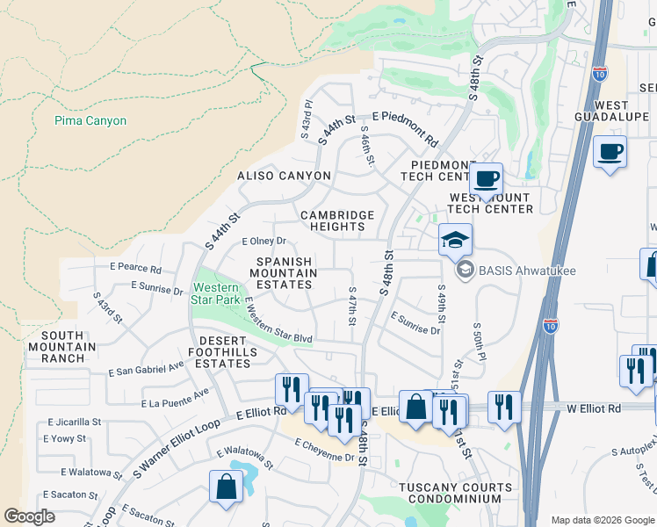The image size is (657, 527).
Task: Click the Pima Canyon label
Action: click(90, 121)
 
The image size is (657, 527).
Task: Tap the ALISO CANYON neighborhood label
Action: click(284, 176)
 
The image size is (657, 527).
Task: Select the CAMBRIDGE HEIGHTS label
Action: click(337, 220)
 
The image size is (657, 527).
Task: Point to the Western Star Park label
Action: click(216, 293)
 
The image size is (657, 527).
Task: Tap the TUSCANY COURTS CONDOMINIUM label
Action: click(455, 494)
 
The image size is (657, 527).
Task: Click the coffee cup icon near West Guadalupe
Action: click(610, 152)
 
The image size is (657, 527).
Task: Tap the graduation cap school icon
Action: click(455, 240)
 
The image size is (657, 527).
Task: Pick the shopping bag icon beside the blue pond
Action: click(226, 487)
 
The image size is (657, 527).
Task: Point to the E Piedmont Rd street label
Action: click(405, 128)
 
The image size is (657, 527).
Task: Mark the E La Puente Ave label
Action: click(177, 398)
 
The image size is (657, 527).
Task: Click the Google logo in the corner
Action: click(30, 516)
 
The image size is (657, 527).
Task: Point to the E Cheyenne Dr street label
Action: click(324, 458)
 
